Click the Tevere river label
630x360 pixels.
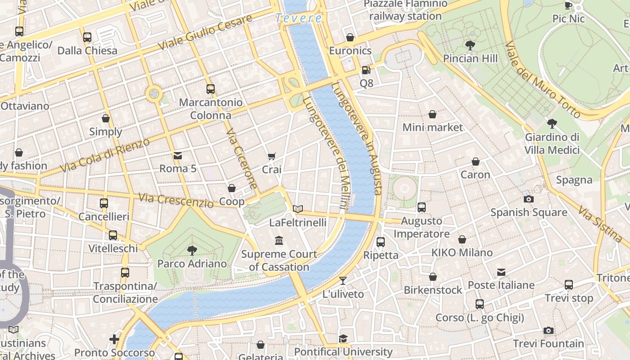coord(298,18)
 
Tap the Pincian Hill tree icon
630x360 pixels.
coord(470,45)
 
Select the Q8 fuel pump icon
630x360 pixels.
coord(366,70)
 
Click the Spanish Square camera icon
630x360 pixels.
coord(529,199)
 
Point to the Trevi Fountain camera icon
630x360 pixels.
coord(548,331)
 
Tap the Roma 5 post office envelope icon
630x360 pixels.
coord(178,156)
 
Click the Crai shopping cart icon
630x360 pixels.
coord(271,156)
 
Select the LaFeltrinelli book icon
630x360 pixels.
coord(297,209)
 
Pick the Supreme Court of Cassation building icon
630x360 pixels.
coord(279,241)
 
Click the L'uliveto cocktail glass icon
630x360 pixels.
coord(343,281)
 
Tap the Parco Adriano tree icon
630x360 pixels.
coord(192,250)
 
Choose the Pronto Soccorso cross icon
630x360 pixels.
coord(114,339)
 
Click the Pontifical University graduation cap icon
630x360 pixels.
coord(343,338)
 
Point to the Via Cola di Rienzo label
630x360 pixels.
coord(104,155)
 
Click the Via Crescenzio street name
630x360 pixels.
coord(176,200)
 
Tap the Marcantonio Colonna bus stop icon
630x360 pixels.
coord(210,89)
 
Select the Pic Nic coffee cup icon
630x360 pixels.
coord(568,5)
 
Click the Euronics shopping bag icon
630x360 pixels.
coord(350,37)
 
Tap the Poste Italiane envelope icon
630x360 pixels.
coord(501,272)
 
